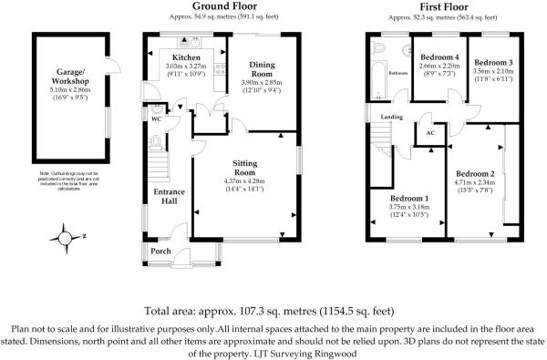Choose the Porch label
tap(160, 251)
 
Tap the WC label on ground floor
tap(156, 118)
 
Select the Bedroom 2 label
tap(475, 174)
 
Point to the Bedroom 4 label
tap(435, 57)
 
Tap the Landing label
tap(390, 117)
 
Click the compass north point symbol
tap(66, 238)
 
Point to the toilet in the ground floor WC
tap(157, 142)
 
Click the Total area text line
tap(273, 310)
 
